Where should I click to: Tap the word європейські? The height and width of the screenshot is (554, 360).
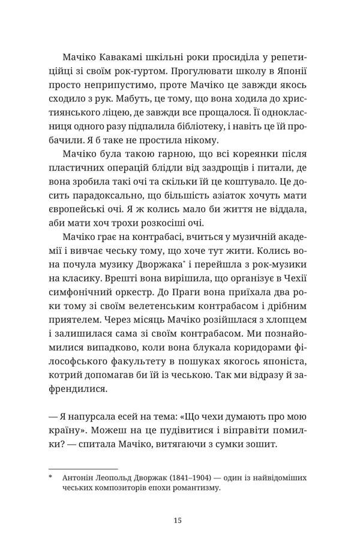click(82, 212)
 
